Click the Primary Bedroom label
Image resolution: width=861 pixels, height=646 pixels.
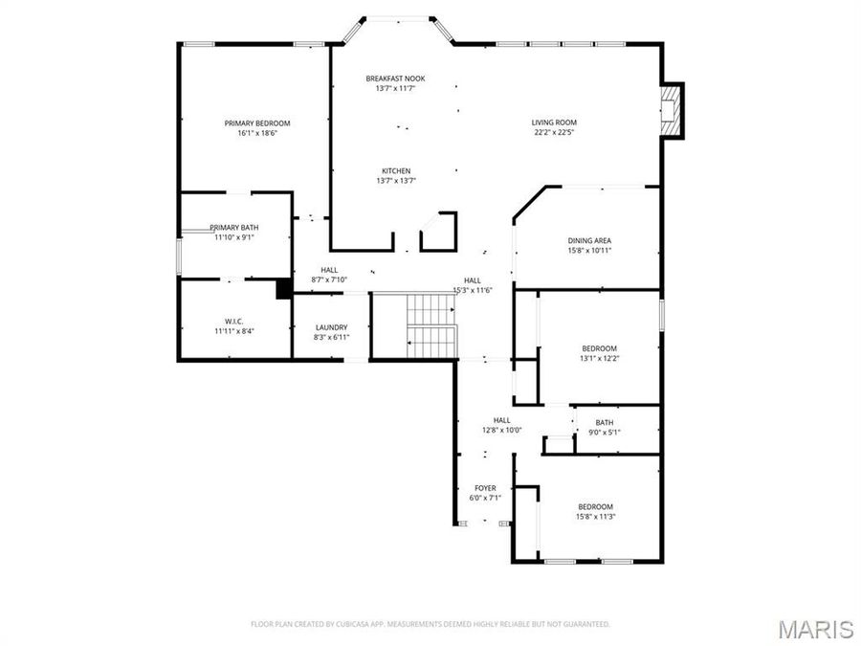256,123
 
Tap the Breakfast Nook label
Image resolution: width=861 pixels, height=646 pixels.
395,78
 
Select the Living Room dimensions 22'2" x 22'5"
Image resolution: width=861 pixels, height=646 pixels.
554,133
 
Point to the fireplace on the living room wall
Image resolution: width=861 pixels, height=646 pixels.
673,110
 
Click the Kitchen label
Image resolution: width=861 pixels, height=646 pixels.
395,170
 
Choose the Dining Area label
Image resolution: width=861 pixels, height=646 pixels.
589,240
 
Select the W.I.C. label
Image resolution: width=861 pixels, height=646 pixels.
234,321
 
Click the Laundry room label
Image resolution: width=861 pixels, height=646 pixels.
330,327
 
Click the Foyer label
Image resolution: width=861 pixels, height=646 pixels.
485,488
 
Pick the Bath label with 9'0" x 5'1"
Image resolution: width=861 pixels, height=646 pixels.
604,422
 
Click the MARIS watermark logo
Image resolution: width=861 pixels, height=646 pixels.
815,629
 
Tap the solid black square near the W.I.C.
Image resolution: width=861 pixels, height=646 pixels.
283,289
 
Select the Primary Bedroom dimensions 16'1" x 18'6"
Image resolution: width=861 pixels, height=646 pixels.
256,133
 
